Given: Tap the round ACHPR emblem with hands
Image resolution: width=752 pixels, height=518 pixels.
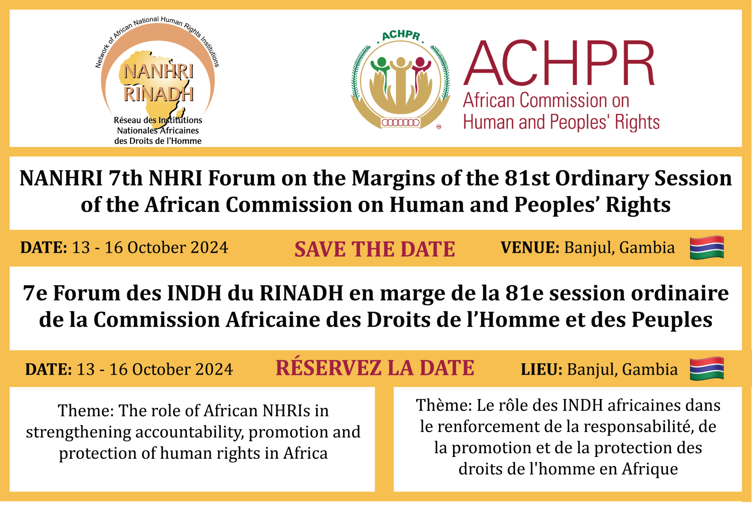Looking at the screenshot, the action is coord(401,80).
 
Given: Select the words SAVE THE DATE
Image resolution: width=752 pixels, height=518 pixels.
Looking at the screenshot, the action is coord(375,249).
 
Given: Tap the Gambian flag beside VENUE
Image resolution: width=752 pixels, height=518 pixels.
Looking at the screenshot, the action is coord(707,248).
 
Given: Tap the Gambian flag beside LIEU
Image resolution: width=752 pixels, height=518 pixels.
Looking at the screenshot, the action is coord(707,368).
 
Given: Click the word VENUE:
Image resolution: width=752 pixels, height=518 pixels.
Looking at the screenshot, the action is coord(530,248).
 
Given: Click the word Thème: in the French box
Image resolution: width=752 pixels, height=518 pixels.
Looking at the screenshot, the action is coord(444,405).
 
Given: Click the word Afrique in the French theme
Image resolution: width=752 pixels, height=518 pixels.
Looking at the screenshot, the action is coord(650,469).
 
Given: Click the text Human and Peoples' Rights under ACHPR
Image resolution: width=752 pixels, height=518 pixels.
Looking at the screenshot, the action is coord(561,122).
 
